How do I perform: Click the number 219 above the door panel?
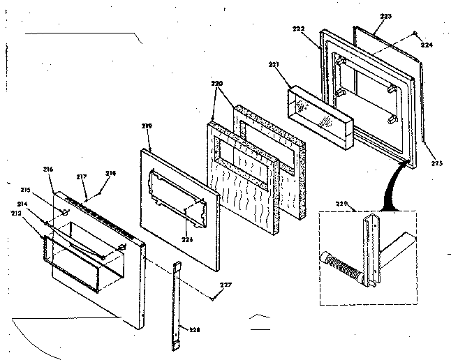pos(147,126)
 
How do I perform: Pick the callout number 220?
pos(216,82)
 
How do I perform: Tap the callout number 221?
pos(274,65)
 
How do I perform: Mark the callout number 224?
pos(427,45)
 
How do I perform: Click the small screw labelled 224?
pos(416,33)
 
